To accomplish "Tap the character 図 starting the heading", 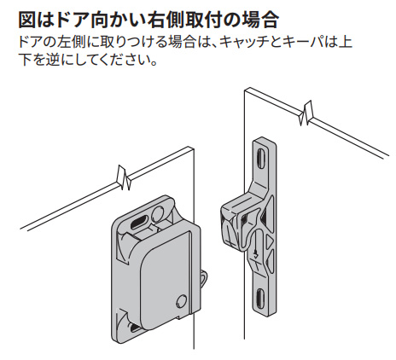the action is [27, 20].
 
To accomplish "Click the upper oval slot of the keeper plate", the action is [260, 157].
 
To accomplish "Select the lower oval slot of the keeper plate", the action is [261, 299].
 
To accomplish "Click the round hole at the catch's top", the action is [157, 212].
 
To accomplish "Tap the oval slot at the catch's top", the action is [138, 221].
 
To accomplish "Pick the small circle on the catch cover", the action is [182, 301].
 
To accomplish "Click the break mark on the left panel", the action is [124, 178].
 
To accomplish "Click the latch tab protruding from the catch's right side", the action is [204, 279].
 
